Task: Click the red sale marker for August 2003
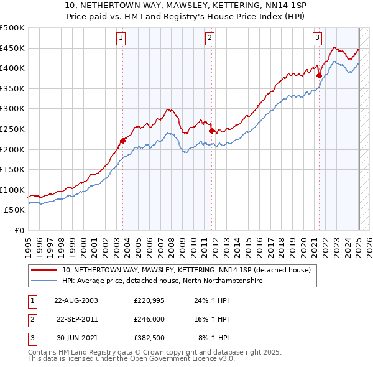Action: tap(122, 141)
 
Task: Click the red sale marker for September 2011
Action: tap(212, 131)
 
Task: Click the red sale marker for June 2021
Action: tap(319, 75)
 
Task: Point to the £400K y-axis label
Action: tap(12, 68)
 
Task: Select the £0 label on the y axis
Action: tap(19, 230)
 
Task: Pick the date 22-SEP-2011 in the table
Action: tap(76, 319)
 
